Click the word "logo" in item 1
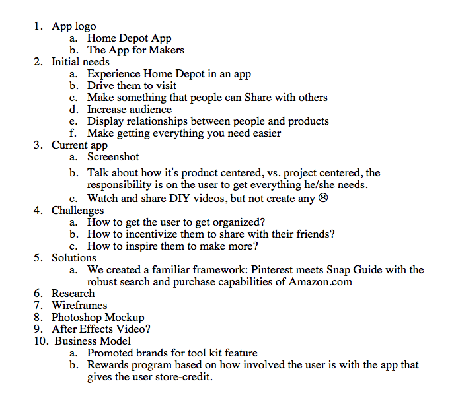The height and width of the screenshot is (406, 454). click(85, 27)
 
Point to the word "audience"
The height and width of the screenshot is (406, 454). click(149, 110)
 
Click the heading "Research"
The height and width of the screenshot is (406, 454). click(73, 293)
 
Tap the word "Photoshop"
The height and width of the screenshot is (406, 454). click(77, 317)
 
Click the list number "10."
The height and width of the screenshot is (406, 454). click(41, 341)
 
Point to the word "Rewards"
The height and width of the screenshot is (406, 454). click(108, 365)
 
